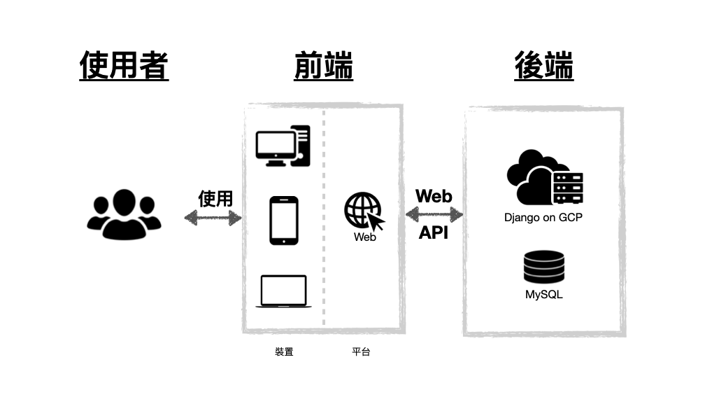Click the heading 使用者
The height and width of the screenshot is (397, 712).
tap(124, 67)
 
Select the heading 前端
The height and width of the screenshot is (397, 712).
tap(324, 67)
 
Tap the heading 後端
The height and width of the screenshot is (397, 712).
tap(543, 67)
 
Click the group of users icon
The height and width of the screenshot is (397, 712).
tap(124, 214)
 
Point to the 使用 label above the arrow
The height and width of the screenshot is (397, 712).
tap(215, 198)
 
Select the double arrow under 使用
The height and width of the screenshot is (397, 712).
tap(213, 218)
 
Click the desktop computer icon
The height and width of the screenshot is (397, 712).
tap(283, 146)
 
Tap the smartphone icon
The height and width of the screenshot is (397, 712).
tap(284, 221)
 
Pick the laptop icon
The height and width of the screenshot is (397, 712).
tap(283, 291)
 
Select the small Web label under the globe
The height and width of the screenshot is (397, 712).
tap(365, 237)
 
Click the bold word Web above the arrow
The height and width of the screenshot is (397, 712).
tap(434, 196)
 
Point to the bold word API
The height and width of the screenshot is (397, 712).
tap(434, 233)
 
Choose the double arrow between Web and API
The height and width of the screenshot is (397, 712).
tap(434, 214)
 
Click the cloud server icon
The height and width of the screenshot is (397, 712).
tap(543, 178)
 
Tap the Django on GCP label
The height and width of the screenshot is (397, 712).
tap(543, 217)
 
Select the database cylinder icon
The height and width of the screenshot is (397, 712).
tap(543, 267)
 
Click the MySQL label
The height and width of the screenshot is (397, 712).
tap(543, 295)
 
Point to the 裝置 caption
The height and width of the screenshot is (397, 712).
tap(284, 351)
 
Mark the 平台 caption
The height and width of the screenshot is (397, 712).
tap(361, 351)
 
